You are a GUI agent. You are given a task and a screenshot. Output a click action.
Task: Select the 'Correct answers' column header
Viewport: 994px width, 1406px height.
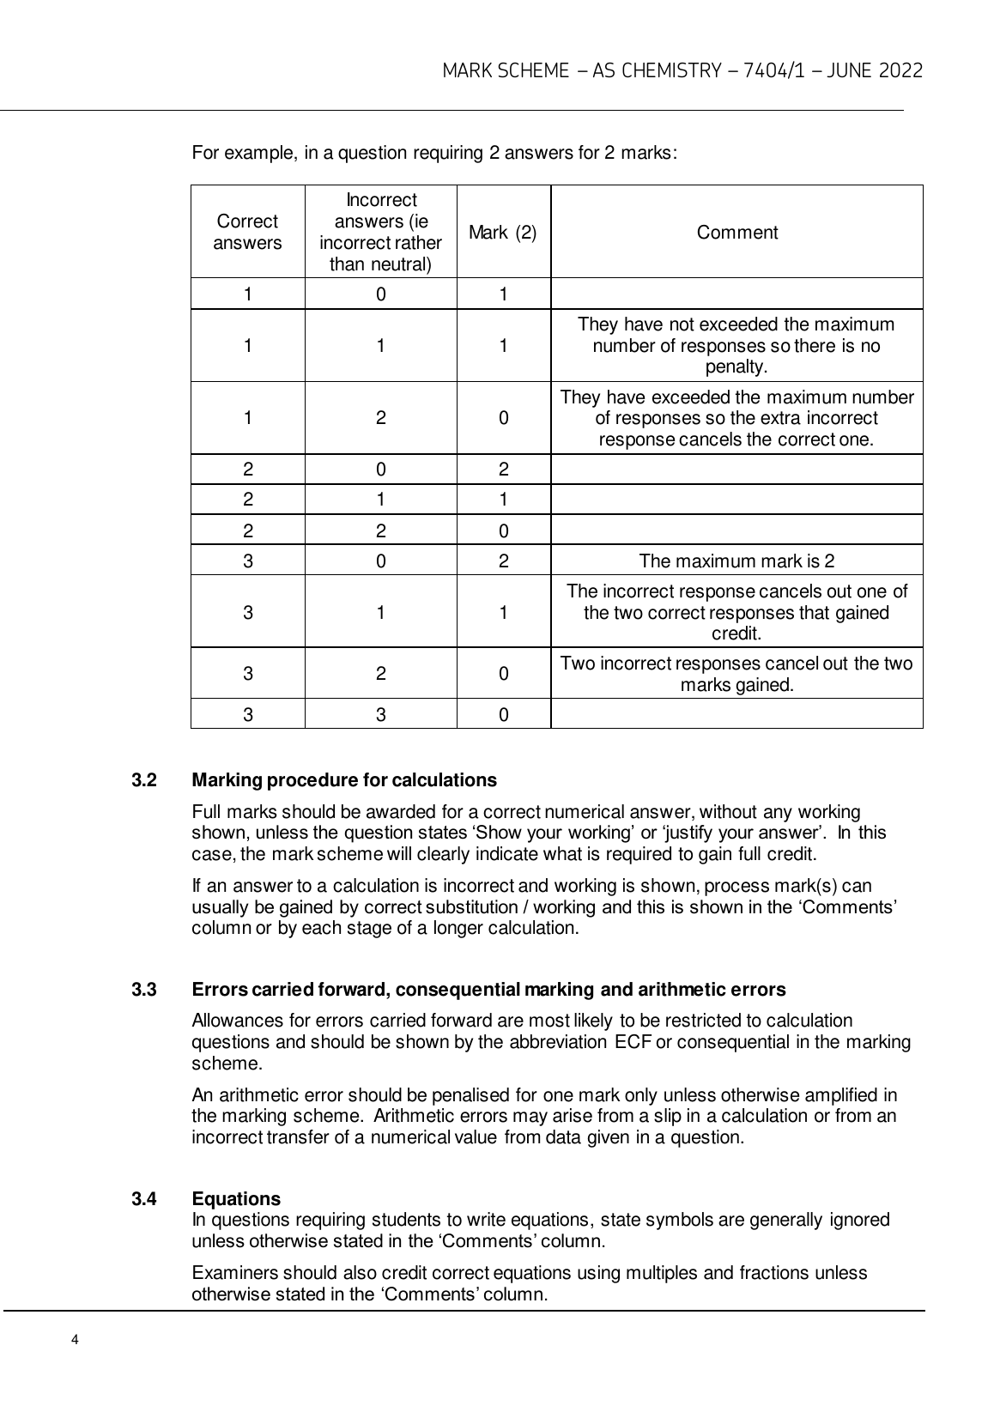click(247, 232)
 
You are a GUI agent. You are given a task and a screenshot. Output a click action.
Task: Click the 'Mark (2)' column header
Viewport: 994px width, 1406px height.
click(503, 232)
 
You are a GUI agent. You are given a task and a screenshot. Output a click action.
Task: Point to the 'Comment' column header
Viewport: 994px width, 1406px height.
click(736, 232)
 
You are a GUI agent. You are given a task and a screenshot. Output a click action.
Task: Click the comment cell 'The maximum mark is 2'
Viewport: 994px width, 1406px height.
click(736, 561)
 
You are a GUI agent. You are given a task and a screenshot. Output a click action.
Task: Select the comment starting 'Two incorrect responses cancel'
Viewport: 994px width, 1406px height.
click(736, 674)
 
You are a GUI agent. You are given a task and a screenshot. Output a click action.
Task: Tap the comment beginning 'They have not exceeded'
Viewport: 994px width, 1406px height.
click(736, 346)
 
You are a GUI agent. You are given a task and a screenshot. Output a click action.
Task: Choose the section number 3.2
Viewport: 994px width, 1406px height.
click(144, 780)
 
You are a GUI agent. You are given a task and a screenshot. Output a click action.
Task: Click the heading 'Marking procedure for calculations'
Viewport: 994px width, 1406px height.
click(344, 780)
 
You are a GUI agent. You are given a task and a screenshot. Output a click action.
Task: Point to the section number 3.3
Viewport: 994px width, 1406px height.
click(144, 990)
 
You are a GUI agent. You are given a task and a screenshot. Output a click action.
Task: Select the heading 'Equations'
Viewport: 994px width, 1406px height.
click(236, 1198)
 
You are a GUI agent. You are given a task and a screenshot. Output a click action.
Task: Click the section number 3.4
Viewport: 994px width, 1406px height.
click(144, 1198)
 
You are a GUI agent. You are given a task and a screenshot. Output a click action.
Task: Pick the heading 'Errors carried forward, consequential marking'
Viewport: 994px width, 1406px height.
click(488, 990)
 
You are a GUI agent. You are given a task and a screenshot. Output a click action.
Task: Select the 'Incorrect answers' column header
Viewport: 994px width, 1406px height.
click(380, 232)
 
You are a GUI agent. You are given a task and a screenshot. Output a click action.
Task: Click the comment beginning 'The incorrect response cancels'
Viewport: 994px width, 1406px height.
click(736, 612)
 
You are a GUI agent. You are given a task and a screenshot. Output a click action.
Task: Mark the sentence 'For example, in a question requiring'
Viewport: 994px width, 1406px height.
click(434, 154)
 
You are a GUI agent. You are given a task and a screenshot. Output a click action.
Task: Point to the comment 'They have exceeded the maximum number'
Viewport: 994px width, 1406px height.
click(736, 419)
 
